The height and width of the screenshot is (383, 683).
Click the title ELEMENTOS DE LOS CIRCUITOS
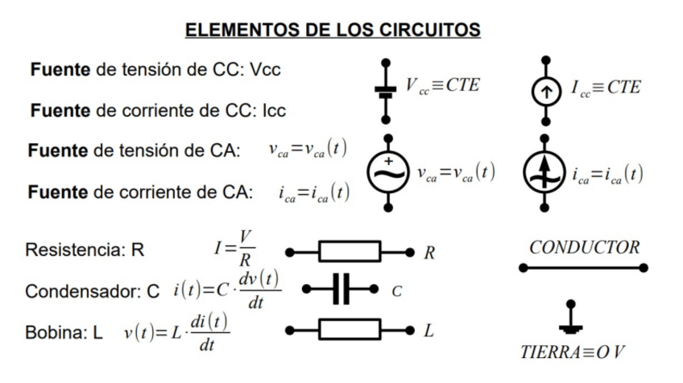pyautogui.click(x=333, y=31)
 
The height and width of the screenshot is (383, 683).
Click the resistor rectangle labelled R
pyautogui.click(x=349, y=252)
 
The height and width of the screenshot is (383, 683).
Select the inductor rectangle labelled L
pyautogui.click(x=349, y=329)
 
